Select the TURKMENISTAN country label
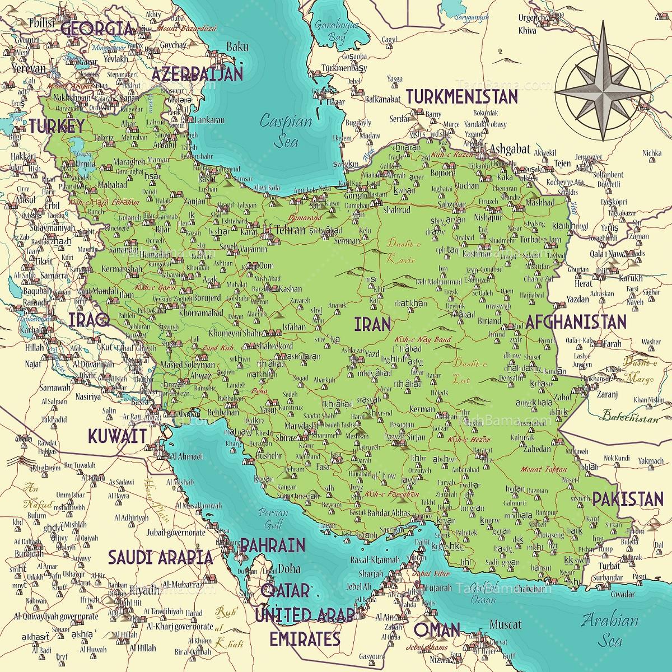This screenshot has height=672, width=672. [461, 96]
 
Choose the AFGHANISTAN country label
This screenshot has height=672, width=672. [575, 321]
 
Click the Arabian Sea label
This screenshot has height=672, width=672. [609, 628]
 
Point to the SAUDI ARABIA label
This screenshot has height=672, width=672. [160, 557]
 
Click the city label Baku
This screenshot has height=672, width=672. [237, 47]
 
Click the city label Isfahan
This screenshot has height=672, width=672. [294, 326]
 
